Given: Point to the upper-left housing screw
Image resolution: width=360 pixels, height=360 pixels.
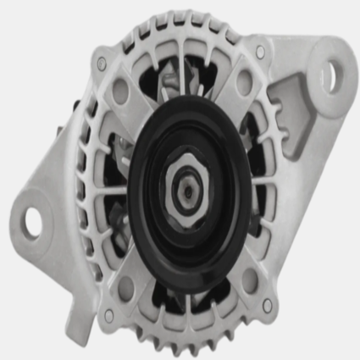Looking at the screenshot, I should [102, 64].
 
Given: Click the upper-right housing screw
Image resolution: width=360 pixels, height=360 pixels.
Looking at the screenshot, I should [260, 53].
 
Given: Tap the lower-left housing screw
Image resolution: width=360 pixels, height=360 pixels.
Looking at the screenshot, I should [108, 314].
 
